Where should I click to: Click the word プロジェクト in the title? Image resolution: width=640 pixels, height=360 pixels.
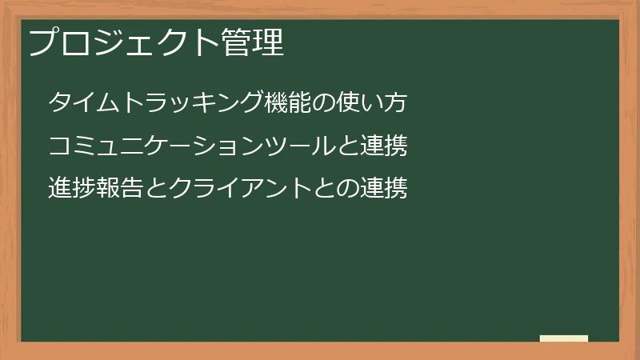click(x=123, y=42)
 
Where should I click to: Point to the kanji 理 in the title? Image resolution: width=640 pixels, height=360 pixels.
click(x=269, y=42)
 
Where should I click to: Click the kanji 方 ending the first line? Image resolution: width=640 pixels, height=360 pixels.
click(x=396, y=103)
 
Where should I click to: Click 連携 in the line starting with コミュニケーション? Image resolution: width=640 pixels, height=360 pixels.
click(x=384, y=146)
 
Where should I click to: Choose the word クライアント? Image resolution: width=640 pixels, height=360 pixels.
click(x=240, y=189)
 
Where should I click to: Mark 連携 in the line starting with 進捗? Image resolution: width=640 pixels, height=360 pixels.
click(x=384, y=189)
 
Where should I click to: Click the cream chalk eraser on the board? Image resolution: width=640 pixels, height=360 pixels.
click(x=564, y=338)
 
